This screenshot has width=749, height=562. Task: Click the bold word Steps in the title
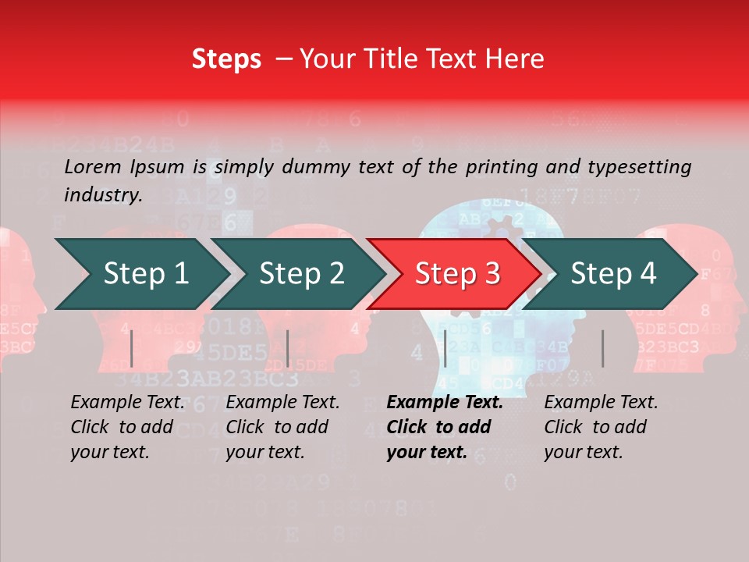pyautogui.click(x=226, y=59)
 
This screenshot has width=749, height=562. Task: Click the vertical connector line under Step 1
pyautogui.click(x=132, y=348)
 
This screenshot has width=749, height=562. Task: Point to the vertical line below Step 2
pyautogui.click(x=288, y=348)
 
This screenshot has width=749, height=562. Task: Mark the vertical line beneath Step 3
pyautogui.click(x=445, y=348)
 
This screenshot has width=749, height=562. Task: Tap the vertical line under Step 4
pyautogui.click(x=602, y=348)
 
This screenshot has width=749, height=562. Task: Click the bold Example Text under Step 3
pyautogui.click(x=445, y=403)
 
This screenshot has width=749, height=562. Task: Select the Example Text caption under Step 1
pyautogui.click(x=127, y=403)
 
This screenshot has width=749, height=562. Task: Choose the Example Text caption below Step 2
pyautogui.click(x=282, y=403)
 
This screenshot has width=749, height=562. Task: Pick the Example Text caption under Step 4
pyautogui.click(x=601, y=403)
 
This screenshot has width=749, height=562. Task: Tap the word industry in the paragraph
pyautogui.click(x=103, y=194)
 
